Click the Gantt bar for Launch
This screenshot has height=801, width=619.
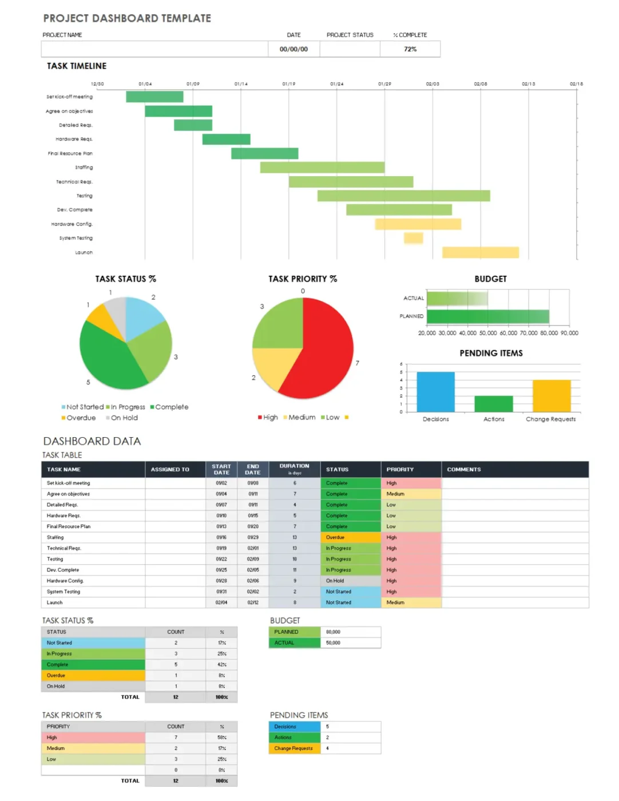pyautogui.click(x=480, y=252)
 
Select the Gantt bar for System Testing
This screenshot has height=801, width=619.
pyautogui.click(x=413, y=238)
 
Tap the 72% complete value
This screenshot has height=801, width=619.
pyautogui.click(x=410, y=49)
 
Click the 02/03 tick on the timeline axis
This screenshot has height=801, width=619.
pyautogui.click(x=432, y=84)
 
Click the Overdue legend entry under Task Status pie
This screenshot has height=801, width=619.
pyautogui.click(x=78, y=418)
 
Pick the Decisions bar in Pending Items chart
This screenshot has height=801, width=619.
pyautogui.click(x=435, y=392)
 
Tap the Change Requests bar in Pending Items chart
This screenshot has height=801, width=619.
pyautogui.click(x=551, y=396)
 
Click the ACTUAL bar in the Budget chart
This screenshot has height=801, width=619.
pyautogui.click(x=457, y=298)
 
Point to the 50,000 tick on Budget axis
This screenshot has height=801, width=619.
pyautogui.click(x=487, y=333)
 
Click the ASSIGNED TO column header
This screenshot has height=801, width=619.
pyautogui.click(x=170, y=469)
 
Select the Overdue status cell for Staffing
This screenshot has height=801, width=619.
pyautogui.click(x=350, y=537)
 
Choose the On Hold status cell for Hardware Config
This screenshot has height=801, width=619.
pyautogui.click(x=350, y=581)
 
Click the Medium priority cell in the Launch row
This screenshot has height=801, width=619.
pyautogui.click(x=411, y=602)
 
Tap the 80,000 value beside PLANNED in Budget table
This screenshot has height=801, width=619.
pyautogui.click(x=333, y=632)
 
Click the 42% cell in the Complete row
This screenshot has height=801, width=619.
pyautogui.click(x=221, y=665)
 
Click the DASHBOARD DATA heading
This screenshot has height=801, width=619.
pyautogui.click(x=92, y=441)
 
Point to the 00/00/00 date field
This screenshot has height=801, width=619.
pyautogui.click(x=293, y=49)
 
